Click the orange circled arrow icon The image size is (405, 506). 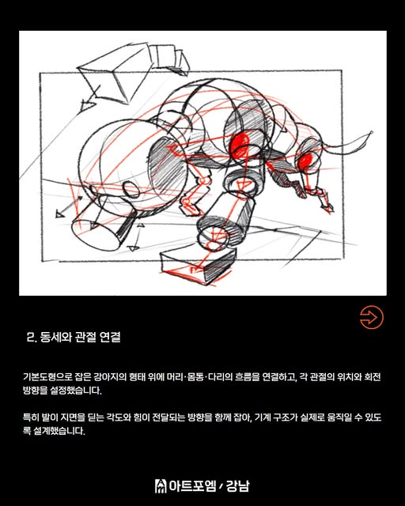click(372, 317)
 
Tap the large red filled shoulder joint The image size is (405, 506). click(239, 145)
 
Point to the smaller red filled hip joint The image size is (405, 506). click(305, 161)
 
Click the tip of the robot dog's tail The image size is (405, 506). click(372, 132)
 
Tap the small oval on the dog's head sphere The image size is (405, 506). click(131, 190)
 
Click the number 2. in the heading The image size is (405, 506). click(31, 338)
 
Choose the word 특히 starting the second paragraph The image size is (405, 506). click(31, 417)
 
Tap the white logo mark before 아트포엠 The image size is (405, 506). click(161, 486)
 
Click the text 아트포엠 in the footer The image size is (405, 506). click(192, 486)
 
